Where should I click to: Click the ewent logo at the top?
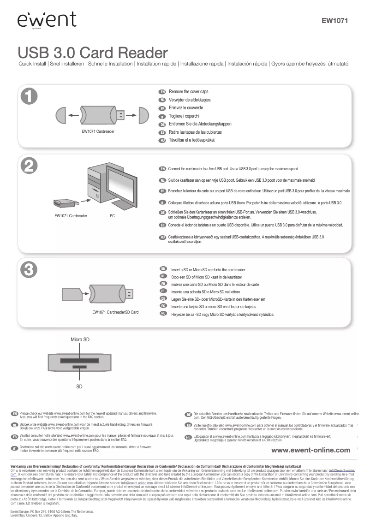(x=47, y=20)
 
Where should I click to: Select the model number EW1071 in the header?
(x=334, y=20)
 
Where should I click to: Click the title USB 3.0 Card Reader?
(x=92, y=52)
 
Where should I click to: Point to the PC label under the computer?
(x=112, y=215)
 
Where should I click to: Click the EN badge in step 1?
(x=162, y=92)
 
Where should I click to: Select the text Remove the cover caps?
(x=188, y=92)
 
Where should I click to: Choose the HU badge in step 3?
(x=162, y=313)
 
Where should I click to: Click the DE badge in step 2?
(x=162, y=212)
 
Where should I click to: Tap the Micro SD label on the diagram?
(x=80, y=339)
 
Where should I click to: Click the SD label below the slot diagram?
(x=79, y=386)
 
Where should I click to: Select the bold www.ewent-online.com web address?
(x=310, y=450)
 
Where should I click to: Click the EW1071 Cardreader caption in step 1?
(x=98, y=132)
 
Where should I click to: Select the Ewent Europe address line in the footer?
(x=52, y=511)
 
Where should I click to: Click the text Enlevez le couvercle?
(x=186, y=108)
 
